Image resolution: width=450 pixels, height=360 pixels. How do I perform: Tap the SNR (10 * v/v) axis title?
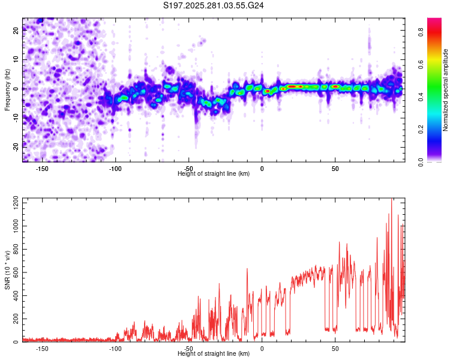pyautogui.click(x=7, y=270)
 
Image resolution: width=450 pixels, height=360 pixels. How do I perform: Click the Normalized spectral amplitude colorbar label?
pyautogui.click(x=445, y=90)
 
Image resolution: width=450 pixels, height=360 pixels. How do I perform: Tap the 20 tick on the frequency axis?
pyautogui.click(x=16, y=31)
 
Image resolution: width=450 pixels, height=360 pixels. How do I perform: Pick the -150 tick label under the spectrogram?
pyautogui.click(x=42, y=169)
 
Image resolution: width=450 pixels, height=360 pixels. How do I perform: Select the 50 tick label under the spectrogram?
pyautogui.click(x=335, y=169)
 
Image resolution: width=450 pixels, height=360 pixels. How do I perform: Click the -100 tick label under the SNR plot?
pyautogui.click(x=115, y=349)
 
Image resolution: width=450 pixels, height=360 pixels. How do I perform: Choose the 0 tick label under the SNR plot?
pyautogui.click(x=262, y=349)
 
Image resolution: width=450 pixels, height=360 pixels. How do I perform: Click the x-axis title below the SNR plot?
pyautogui.click(x=214, y=355)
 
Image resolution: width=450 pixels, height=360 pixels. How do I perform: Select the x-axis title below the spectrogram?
pyautogui.click(x=214, y=174)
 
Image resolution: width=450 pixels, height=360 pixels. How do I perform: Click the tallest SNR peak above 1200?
pyautogui.click(x=392, y=200)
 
